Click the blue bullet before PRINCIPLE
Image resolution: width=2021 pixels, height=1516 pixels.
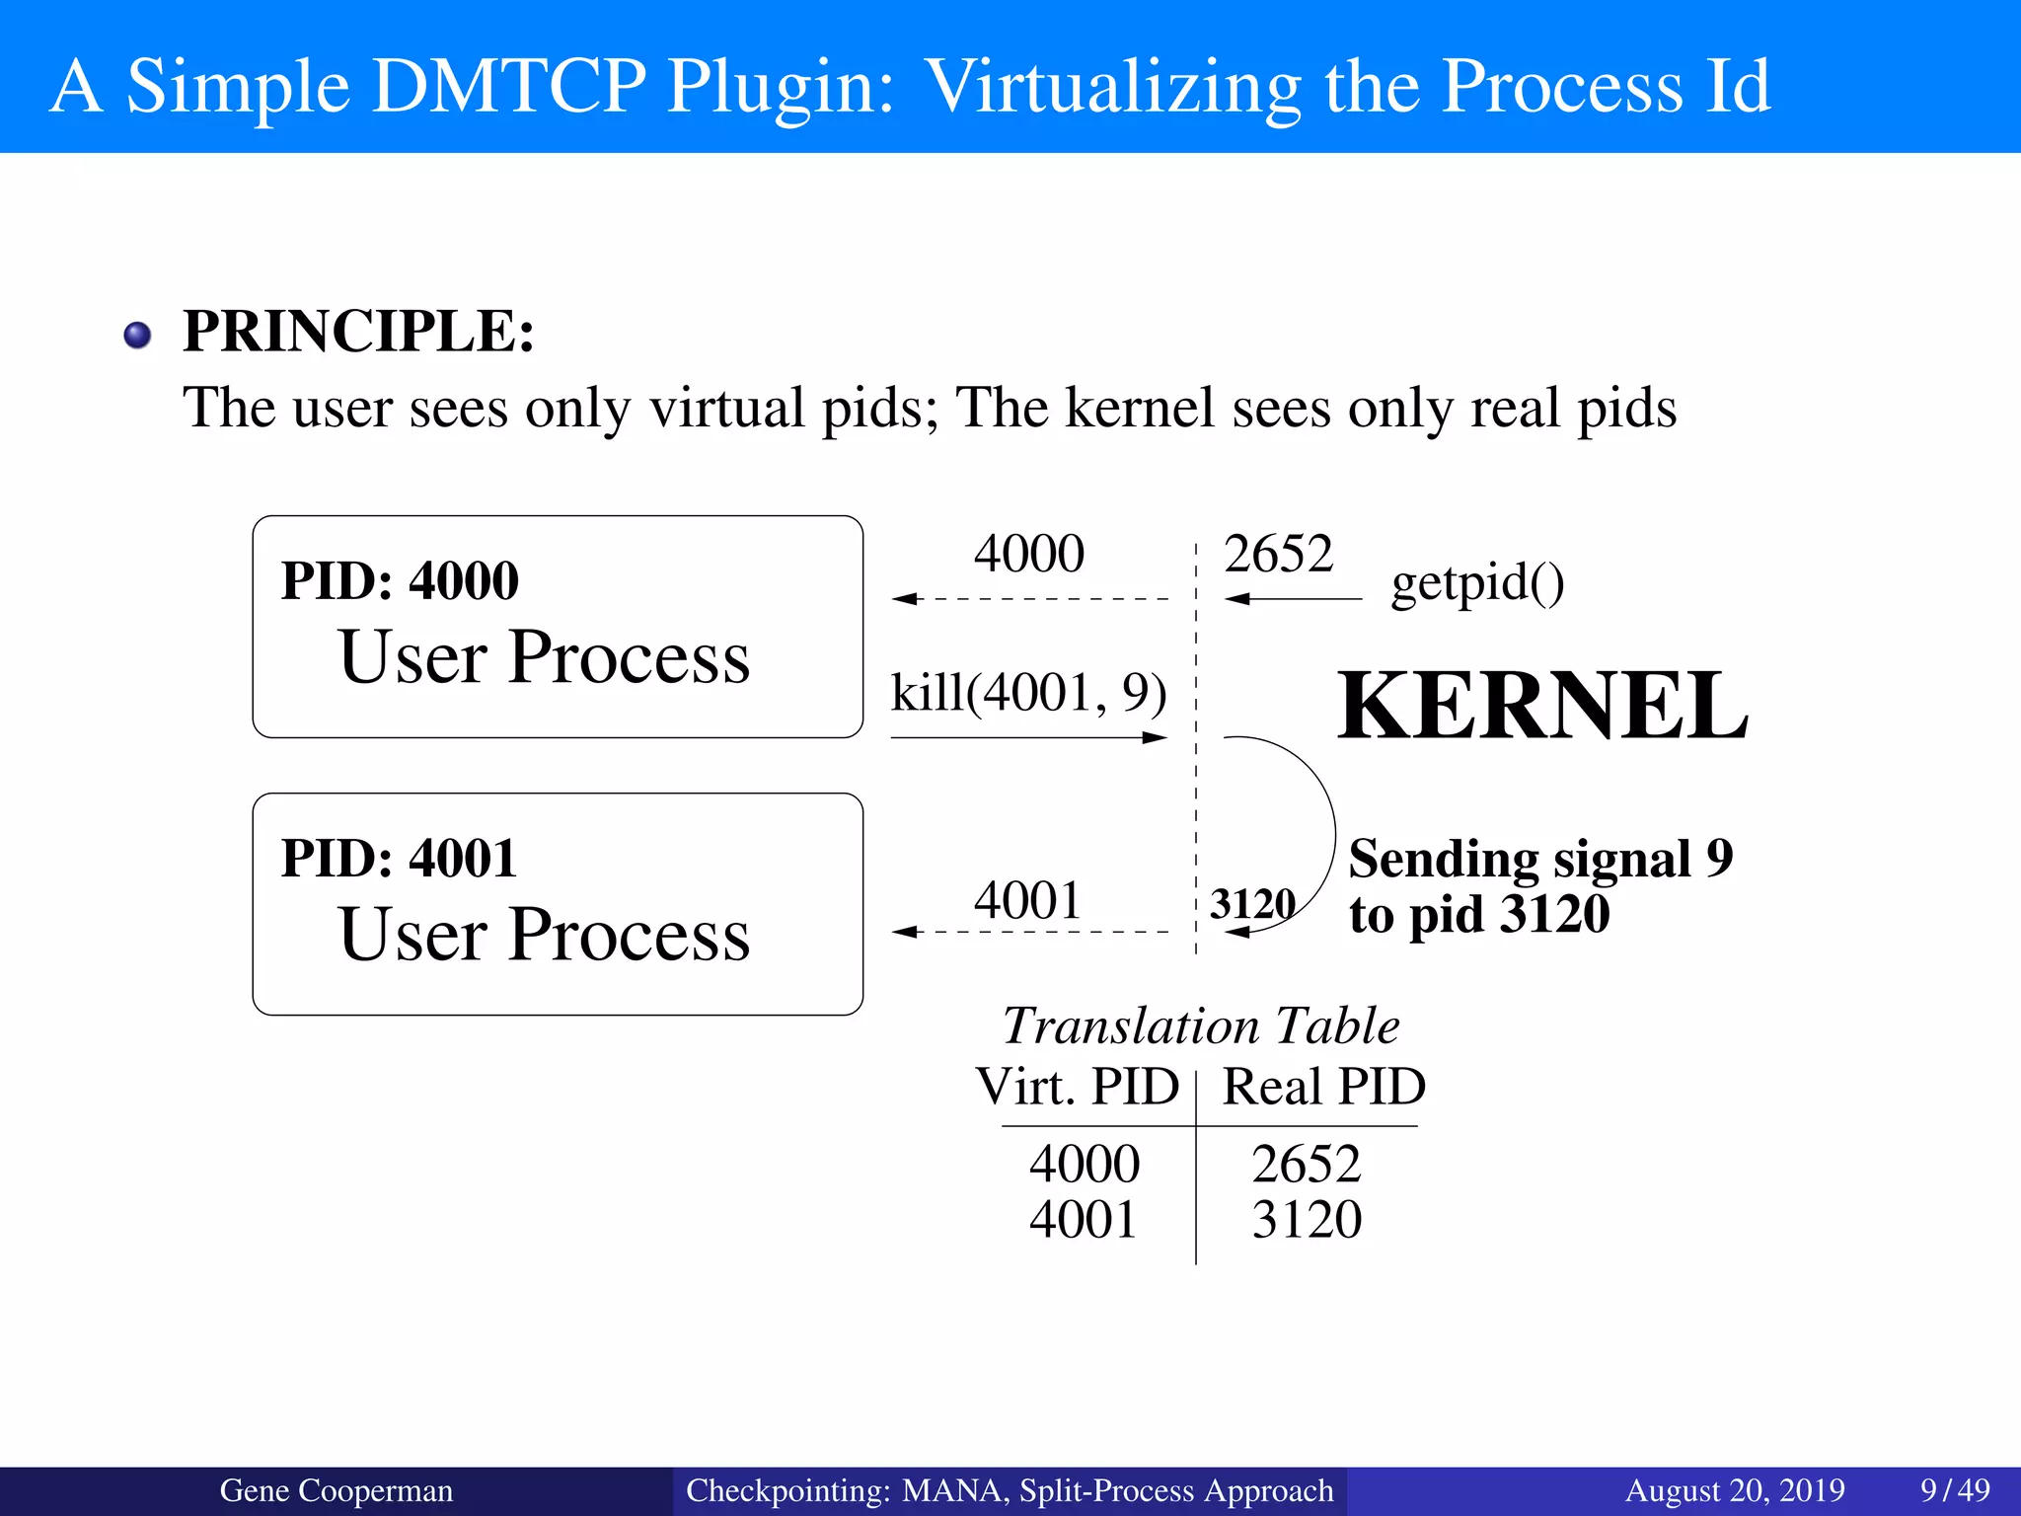[138, 336]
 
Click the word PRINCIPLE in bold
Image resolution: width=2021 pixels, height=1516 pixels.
[358, 332]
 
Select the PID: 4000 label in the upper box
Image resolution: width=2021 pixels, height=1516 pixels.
[400, 580]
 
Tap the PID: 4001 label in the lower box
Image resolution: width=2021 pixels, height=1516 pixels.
[399, 858]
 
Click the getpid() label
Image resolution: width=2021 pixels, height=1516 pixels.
[1477, 583]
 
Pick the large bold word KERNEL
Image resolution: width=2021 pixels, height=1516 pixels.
[1542, 706]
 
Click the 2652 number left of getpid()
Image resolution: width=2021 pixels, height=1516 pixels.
[1278, 554]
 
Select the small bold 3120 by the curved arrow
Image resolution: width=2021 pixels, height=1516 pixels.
[1252, 903]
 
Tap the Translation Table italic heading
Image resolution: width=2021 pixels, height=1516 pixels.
[1201, 1026]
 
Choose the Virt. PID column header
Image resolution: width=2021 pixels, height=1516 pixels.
[1077, 1087]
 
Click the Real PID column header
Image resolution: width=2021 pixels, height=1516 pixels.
[1324, 1087]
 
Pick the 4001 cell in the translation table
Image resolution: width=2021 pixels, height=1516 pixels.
[1084, 1220]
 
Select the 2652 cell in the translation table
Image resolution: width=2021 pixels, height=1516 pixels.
[1307, 1164]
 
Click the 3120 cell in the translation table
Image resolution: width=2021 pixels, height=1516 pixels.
[1307, 1220]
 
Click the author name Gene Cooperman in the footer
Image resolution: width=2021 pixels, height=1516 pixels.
[336, 1490]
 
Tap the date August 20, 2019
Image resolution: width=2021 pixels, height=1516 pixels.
[1735, 1490]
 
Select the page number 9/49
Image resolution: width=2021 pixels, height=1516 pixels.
[1955, 1490]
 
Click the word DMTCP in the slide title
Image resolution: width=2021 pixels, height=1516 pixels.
[508, 86]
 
